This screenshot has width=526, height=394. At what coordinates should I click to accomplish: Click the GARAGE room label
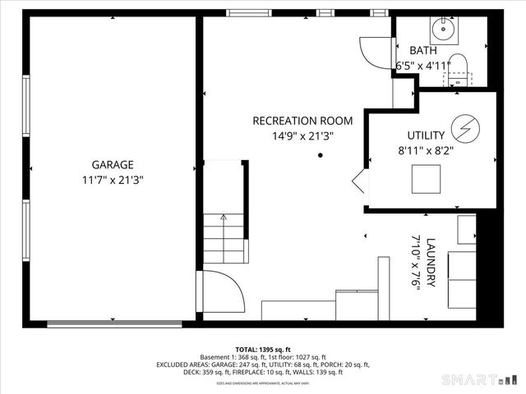(113, 163)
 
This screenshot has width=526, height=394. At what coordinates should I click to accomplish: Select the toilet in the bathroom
(457, 70)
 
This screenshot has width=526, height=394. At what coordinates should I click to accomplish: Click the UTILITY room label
(426, 135)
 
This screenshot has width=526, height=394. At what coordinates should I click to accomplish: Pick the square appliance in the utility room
(426, 177)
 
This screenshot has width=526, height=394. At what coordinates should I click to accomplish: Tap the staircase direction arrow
(224, 218)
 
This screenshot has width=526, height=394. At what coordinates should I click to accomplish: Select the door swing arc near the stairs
(220, 290)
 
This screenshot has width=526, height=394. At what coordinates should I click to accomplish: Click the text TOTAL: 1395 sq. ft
(263, 348)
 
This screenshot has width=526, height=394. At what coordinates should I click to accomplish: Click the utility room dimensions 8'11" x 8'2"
(426, 151)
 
